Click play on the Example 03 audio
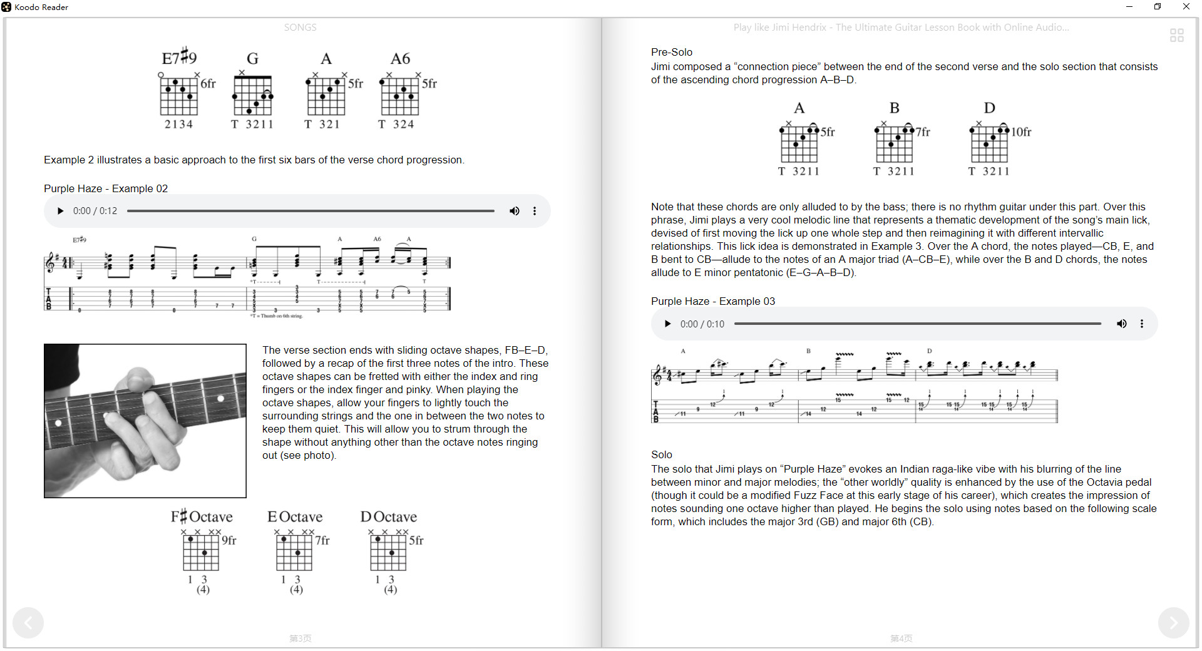[667, 324]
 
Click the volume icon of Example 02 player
[514, 211]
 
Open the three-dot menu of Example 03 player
[1142, 324]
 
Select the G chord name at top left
[252, 59]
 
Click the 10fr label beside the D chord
[1021, 132]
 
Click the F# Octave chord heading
[202, 517]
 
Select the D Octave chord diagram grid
[389, 552]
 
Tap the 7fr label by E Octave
[322, 540]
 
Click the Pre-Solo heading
[671, 52]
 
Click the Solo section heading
[661, 454]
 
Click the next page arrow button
[1173, 623]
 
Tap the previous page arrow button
[28, 623]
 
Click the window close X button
[1186, 7]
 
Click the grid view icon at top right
[1176, 36]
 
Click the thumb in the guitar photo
[139, 379]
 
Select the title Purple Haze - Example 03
[712, 301]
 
